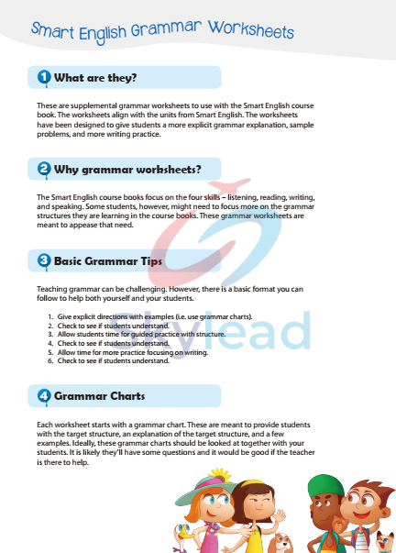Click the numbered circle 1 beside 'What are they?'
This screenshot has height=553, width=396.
click(43, 78)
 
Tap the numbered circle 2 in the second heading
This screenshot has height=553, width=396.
click(43, 169)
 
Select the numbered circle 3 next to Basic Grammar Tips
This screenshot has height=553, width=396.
click(43, 260)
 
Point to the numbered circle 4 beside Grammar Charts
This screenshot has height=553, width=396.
click(43, 396)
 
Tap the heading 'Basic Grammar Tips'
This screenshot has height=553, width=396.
click(108, 260)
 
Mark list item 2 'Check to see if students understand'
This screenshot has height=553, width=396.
click(114, 324)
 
